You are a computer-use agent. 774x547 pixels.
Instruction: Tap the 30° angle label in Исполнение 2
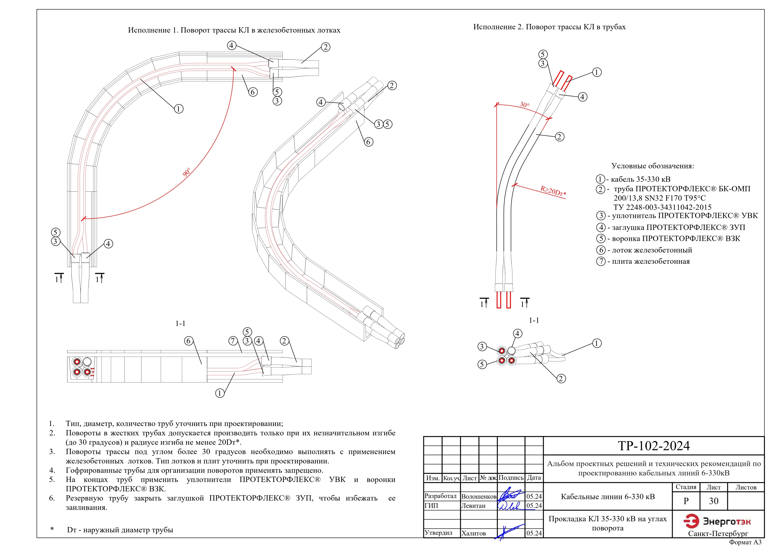[525, 104]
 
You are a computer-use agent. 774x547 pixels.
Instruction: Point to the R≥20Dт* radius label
[553, 191]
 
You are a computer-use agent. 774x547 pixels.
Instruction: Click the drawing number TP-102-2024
[654, 446]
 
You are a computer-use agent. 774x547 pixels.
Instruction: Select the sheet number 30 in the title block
[713, 501]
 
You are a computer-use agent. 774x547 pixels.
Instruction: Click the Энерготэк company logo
[717, 522]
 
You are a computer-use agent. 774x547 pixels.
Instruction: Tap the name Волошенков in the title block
[479, 496]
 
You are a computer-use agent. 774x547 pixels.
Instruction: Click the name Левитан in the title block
[473, 505]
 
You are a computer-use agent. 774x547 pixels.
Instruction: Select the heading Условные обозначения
[653, 166]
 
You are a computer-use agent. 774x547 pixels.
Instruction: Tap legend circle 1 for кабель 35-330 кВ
[600, 179]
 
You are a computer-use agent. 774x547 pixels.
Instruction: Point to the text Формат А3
[745, 542]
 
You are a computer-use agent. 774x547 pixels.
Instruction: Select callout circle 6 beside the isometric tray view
[368, 142]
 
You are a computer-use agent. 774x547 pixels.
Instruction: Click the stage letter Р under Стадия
[686, 501]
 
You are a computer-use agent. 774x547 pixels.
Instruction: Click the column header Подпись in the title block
[511, 478]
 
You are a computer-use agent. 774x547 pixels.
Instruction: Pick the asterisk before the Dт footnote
[52, 529]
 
